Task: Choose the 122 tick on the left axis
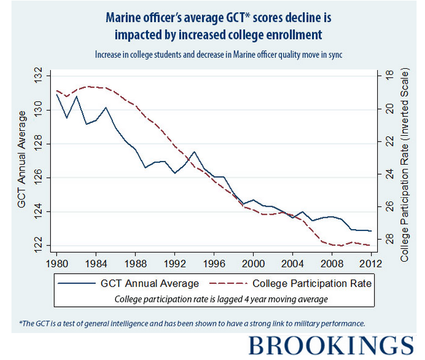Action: pos(39,245)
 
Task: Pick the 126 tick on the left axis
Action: pos(39,178)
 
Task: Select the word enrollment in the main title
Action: pos(299,34)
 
